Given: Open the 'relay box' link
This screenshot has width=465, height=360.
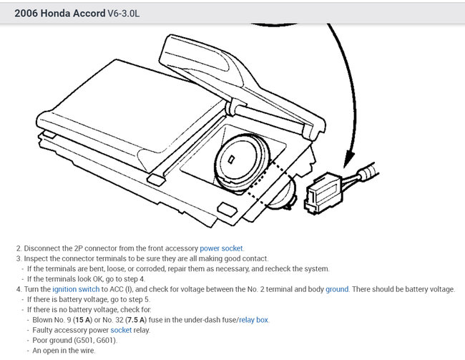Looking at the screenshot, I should point(253,320).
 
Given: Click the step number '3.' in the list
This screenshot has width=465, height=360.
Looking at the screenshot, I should point(19,258).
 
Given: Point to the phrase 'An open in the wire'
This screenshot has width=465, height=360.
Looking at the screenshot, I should point(64,351).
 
